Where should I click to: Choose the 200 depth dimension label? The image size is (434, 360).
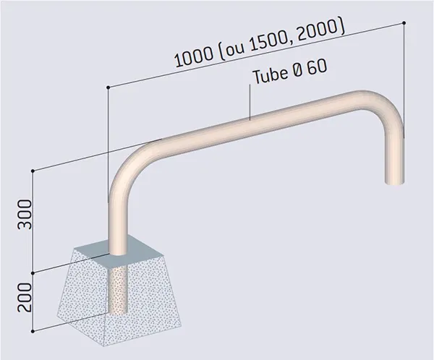(23, 295)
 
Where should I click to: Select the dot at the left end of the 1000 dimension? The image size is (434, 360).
(108, 87)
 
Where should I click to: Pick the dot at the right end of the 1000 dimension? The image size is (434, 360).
(403, 22)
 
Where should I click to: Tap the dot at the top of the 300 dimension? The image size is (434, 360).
(33, 171)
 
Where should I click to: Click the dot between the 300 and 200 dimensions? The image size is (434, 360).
(33, 273)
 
